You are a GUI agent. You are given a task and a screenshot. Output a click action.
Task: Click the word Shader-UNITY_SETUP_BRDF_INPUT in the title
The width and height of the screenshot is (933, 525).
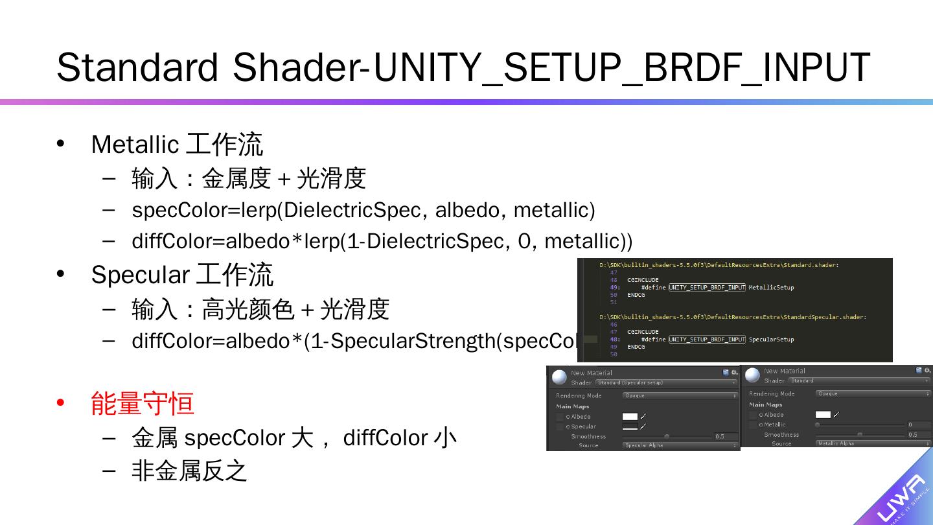pos(551,67)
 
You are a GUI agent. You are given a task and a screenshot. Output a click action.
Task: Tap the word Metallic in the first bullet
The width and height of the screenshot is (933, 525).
pos(135,145)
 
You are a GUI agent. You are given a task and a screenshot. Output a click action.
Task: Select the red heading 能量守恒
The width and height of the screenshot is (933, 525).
pos(143,404)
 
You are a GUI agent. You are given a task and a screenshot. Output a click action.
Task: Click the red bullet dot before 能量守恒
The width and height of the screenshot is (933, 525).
pos(61,403)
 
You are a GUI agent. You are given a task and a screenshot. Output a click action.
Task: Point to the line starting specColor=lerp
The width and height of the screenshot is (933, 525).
pos(363,210)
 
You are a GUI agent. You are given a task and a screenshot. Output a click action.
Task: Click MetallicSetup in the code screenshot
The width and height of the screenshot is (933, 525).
pos(771,287)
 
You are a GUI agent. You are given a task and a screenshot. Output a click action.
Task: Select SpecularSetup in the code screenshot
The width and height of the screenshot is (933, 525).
pos(771,339)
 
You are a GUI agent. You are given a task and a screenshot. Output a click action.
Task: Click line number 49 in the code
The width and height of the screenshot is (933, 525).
pos(614,287)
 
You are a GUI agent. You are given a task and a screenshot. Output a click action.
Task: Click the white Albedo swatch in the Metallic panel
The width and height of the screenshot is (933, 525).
pos(823,414)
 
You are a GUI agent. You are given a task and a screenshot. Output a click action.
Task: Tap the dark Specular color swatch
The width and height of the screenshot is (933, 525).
pos(630,426)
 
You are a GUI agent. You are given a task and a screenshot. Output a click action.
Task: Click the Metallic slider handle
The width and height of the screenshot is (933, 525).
pos(818,425)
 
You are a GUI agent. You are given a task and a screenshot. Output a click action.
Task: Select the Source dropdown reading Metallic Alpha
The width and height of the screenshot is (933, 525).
pos(872,444)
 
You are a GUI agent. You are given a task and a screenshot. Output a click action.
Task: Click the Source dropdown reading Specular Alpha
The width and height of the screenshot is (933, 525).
pos(680,445)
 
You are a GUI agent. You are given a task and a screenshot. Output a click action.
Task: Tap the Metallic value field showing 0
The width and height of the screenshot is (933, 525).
pos(917,425)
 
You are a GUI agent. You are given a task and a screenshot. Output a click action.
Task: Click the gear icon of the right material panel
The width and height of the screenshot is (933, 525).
pos(928,370)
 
